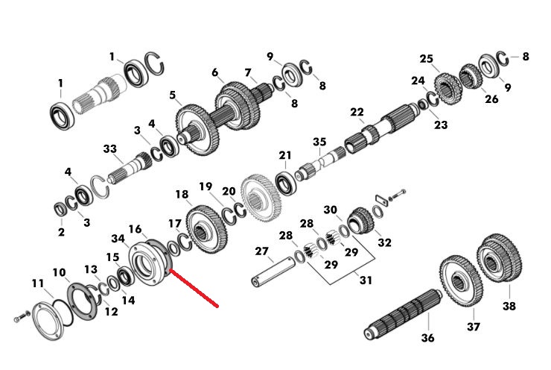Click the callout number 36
[427, 338]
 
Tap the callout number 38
[509, 306]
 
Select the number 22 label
[357, 113]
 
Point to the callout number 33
[110, 148]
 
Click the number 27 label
[262, 251]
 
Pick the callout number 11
[37, 283]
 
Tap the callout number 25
[426, 58]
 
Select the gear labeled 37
[461, 282]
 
